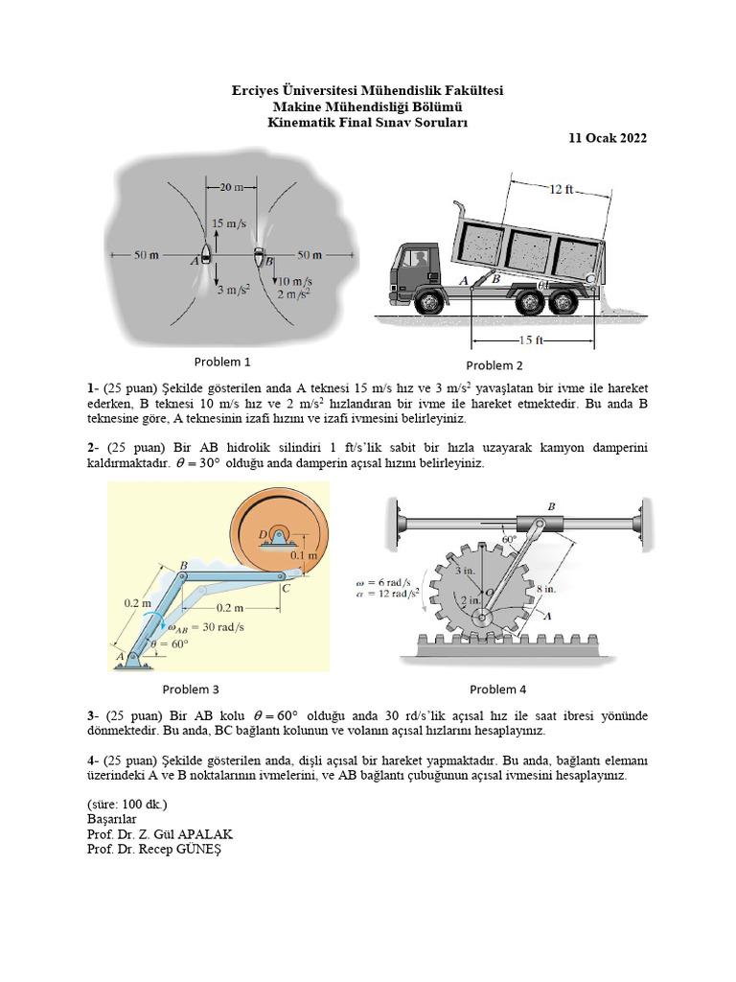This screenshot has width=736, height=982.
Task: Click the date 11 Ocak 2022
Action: coord(608,138)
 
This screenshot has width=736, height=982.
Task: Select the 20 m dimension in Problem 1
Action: coord(231,186)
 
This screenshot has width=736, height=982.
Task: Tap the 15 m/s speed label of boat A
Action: coord(230,224)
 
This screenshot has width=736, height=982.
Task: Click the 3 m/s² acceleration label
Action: coord(232,290)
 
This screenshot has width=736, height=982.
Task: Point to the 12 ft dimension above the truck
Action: coord(562,190)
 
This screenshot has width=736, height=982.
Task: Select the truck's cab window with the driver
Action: coord(417,259)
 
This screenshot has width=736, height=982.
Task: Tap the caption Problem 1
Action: coord(222,362)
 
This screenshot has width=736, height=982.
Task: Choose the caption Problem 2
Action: coord(494,365)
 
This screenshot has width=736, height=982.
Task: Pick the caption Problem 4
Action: coord(497,689)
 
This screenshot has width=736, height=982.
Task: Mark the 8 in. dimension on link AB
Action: coord(544,590)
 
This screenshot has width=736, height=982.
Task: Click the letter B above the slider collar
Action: coord(551,504)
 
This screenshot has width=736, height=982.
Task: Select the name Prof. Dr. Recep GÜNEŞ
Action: coord(158,849)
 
